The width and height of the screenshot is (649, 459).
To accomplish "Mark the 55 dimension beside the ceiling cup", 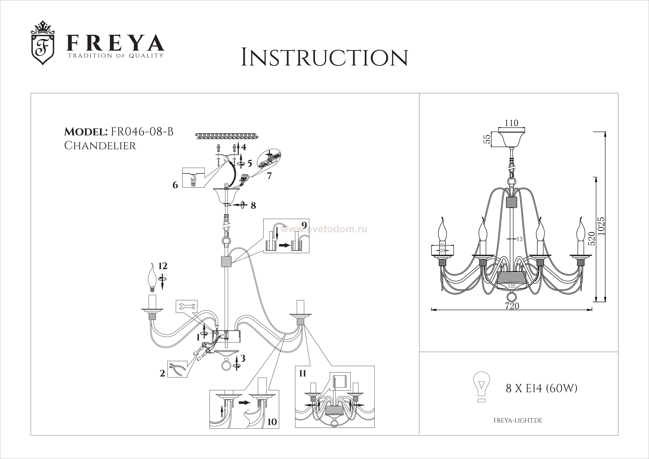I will pos(487,139).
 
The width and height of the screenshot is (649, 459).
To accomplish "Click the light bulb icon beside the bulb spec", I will pos(481,386).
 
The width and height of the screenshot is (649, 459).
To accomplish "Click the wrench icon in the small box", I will pos(186,306).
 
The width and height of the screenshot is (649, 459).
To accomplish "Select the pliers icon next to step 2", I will pos(177,369).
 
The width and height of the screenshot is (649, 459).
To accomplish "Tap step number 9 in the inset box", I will pos(304,225).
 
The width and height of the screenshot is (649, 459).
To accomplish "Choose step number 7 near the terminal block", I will pos(269,176).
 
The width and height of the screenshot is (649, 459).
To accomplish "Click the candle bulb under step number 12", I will pos(153,280).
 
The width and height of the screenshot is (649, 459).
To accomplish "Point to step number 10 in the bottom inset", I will pos(272,430).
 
